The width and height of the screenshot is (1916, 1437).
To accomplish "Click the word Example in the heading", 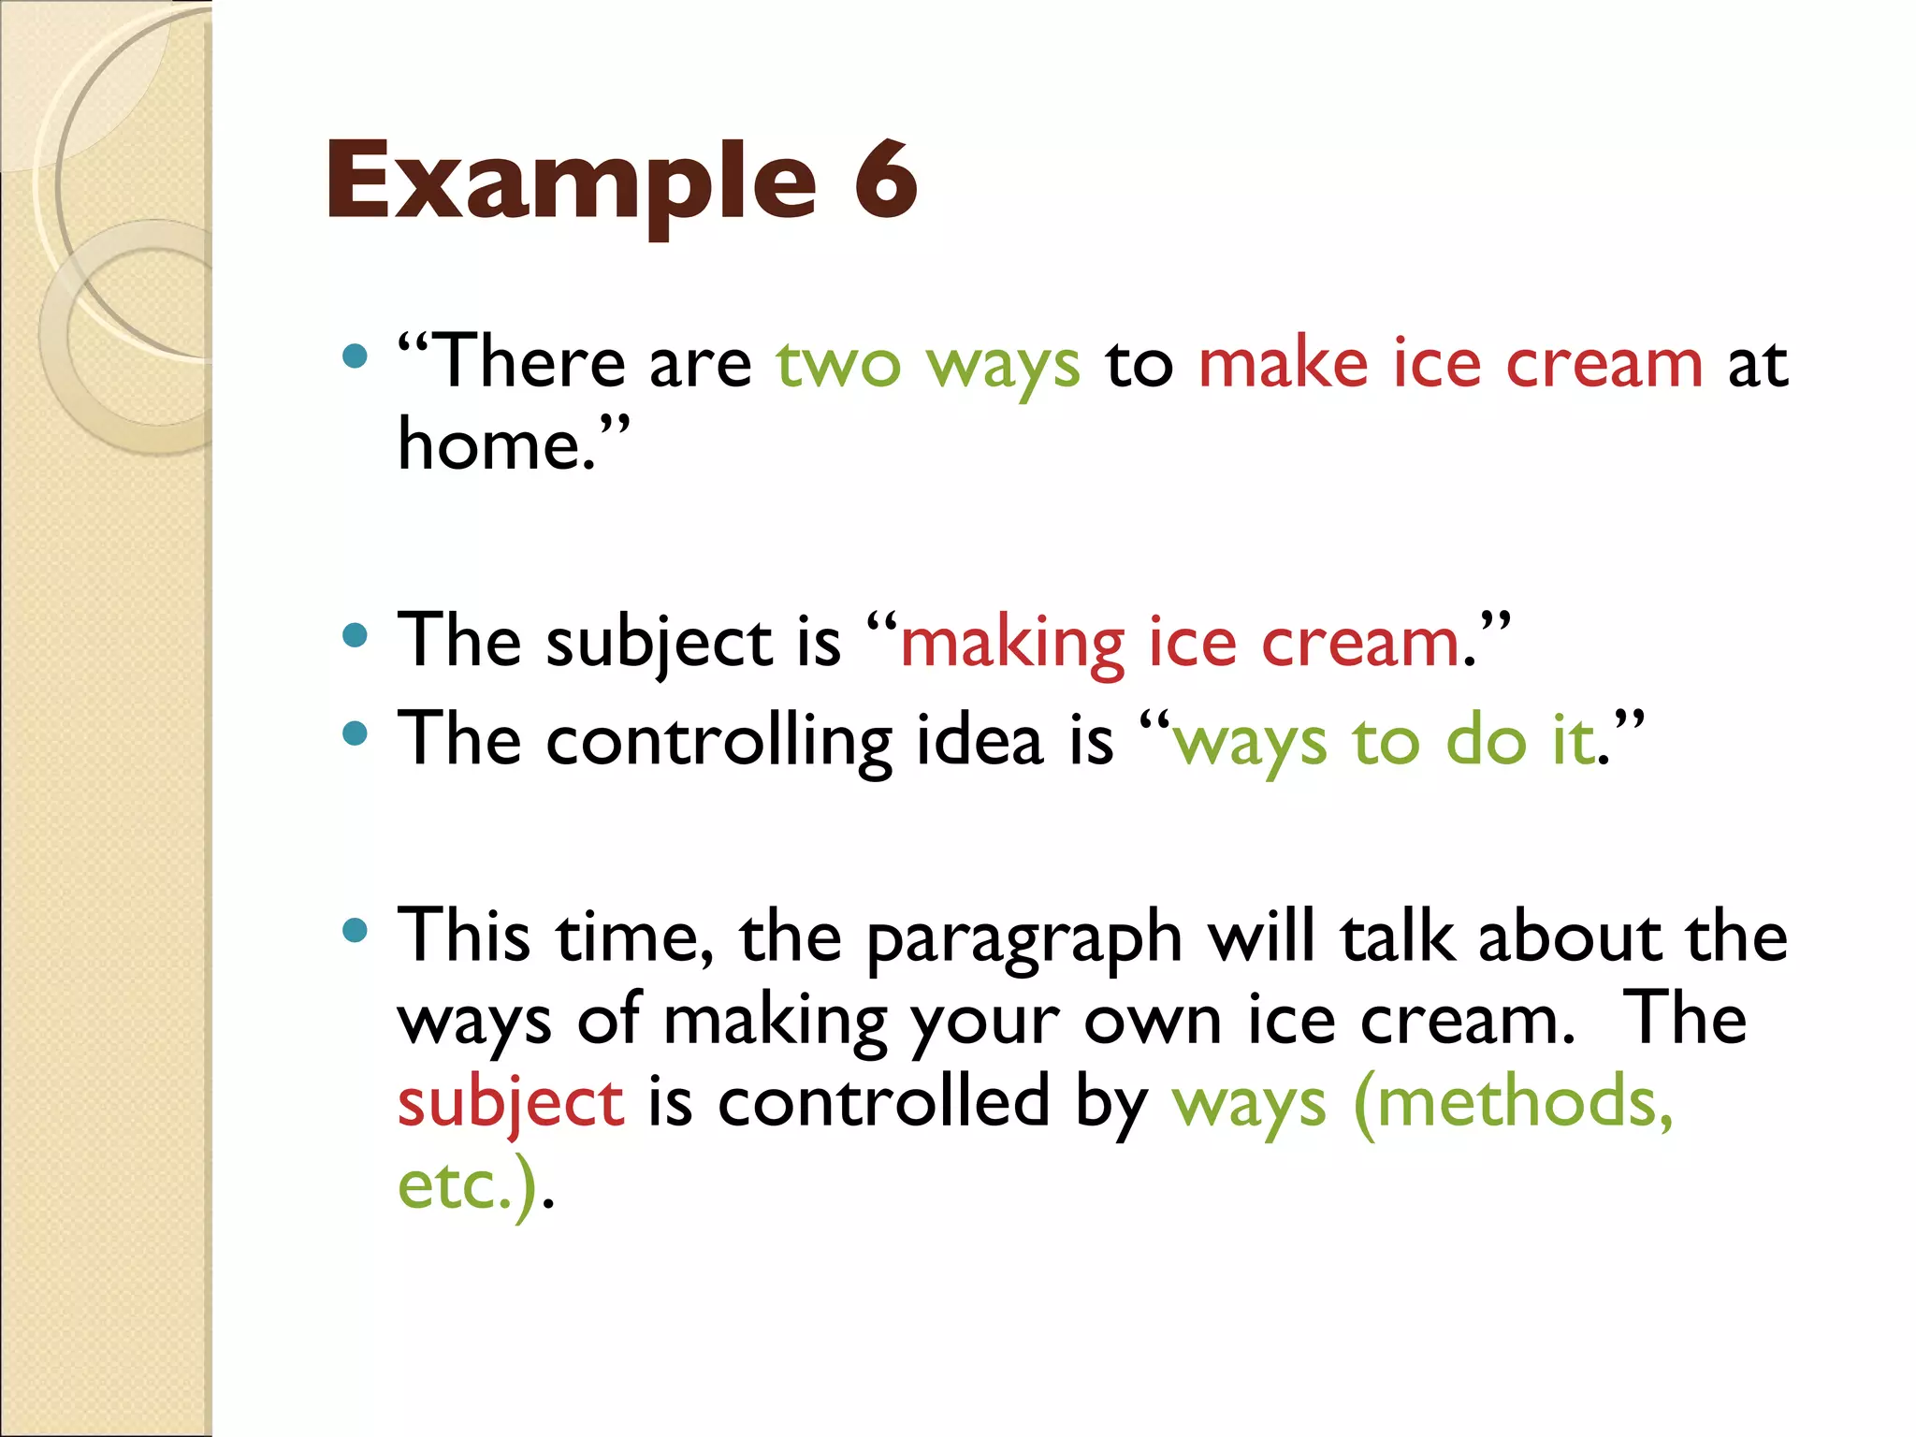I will click(x=571, y=182).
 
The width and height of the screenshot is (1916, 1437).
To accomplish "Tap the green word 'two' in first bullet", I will click(x=838, y=364).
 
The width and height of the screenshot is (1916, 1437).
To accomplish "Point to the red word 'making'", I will click(x=1011, y=646).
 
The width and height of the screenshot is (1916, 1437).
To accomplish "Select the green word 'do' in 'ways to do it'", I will click(x=1487, y=742).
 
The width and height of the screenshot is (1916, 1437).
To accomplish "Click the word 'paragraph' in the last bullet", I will click(x=1024, y=940).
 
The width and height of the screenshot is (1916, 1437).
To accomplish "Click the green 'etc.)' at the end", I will click(x=468, y=1186).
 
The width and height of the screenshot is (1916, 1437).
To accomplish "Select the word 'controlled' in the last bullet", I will click(x=884, y=1102).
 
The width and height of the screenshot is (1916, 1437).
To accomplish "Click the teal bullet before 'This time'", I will click(x=355, y=931).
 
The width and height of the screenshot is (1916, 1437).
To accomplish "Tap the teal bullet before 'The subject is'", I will click(x=355, y=637).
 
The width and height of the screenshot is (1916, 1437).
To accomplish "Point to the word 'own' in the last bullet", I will click(x=1153, y=1022).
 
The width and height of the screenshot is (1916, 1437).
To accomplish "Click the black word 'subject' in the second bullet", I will click(x=660, y=646).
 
